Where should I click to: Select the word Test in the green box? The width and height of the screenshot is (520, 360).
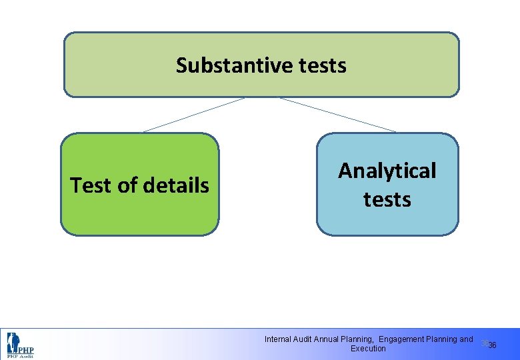pyautogui.click(x=91, y=185)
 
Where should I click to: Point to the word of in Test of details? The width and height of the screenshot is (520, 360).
pyautogui.click(x=127, y=185)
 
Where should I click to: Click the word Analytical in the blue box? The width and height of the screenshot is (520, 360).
pyautogui.click(x=387, y=171)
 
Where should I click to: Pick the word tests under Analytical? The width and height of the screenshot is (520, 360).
pyautogui.click(x=387, y=199)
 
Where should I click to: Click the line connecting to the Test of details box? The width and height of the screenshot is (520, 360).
pyautogui.click(x=193, y=115)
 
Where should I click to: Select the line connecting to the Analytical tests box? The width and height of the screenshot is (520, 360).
pyautogui.click(x=337, y=115)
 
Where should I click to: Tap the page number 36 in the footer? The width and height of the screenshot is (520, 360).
pyautogui.click(x=493, y=345)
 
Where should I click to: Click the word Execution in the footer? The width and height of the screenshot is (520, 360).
pyautogui.click(x=368, y=349)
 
